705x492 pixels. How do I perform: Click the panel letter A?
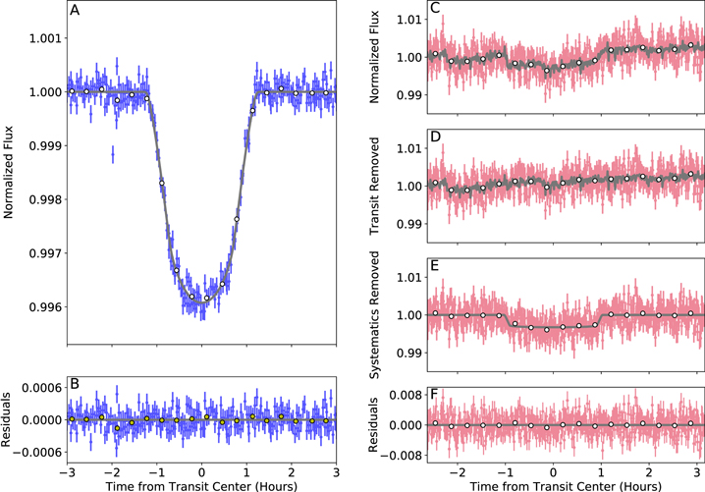pos(75,12)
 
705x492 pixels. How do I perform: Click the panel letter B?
pos(75,382)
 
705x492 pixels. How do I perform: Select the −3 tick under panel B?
pos(67,473)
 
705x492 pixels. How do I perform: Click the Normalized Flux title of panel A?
pos(9,172)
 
